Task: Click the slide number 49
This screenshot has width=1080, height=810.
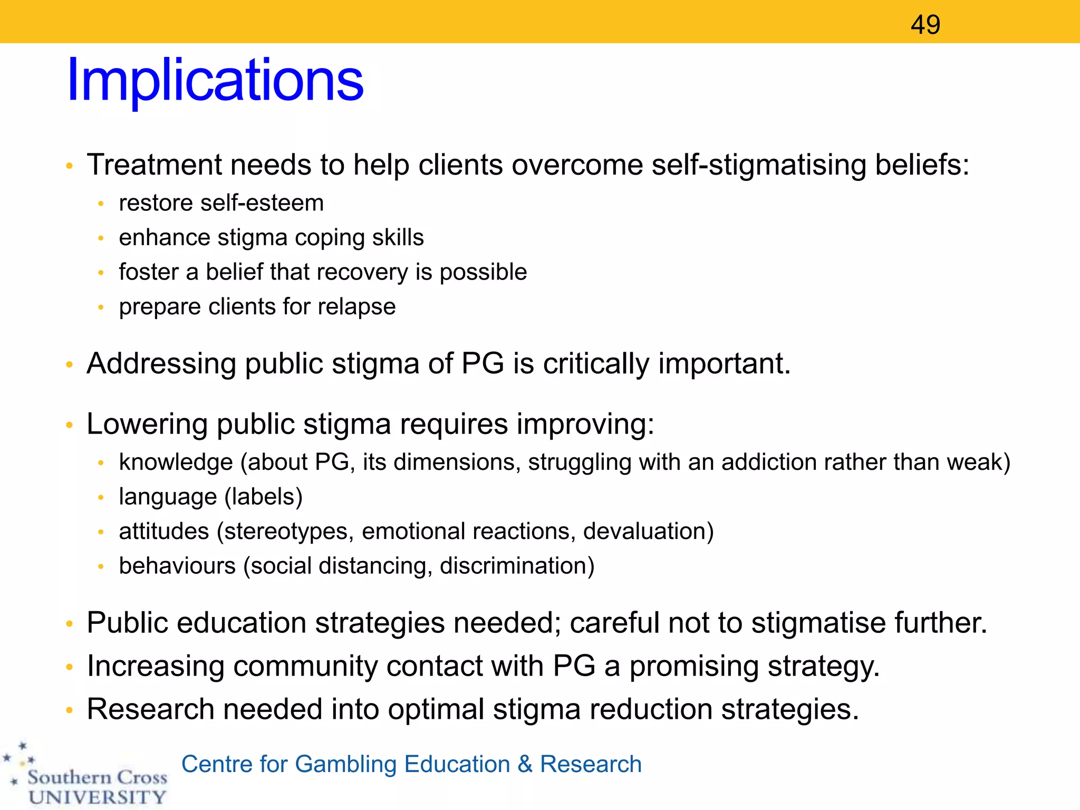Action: tap(925, 25)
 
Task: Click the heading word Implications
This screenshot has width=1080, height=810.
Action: tap(215, 80)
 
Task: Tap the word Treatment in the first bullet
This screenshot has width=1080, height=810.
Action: tap(155, 165)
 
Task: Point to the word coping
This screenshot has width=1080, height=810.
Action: tap(329, 238)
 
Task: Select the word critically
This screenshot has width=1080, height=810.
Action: tap(596, 364)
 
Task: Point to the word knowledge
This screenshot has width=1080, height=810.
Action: tap(176, 462)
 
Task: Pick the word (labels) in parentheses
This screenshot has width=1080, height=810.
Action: tap(263, 497)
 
